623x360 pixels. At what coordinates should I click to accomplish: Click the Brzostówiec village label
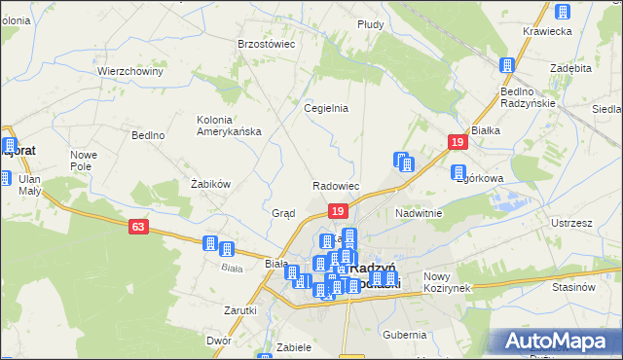(266, 44)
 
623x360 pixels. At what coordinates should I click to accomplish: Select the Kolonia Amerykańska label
(229, 126)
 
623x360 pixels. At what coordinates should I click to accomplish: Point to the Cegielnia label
(326, 108)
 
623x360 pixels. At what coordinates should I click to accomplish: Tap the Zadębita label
(570, 69)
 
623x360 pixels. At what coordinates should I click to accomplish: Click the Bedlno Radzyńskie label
(528, 97)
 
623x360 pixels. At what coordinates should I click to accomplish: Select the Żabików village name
(209, 183)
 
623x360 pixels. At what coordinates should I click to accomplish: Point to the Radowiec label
(337, 186)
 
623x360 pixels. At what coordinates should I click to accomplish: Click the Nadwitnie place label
(419, 213)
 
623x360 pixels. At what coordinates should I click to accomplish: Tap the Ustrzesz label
(571, 223)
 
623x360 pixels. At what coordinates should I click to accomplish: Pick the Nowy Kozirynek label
(448, 282)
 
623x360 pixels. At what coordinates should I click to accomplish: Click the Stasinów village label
(573, 287)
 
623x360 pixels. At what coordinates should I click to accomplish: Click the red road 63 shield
(138, 227)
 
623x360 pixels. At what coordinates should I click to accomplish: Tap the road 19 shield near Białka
(457, 143)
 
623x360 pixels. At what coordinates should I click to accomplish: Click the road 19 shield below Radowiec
(337, 211)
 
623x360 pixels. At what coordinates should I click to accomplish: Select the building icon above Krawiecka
(561, 12)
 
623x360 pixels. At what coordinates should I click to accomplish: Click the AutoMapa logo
(561, 342)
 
